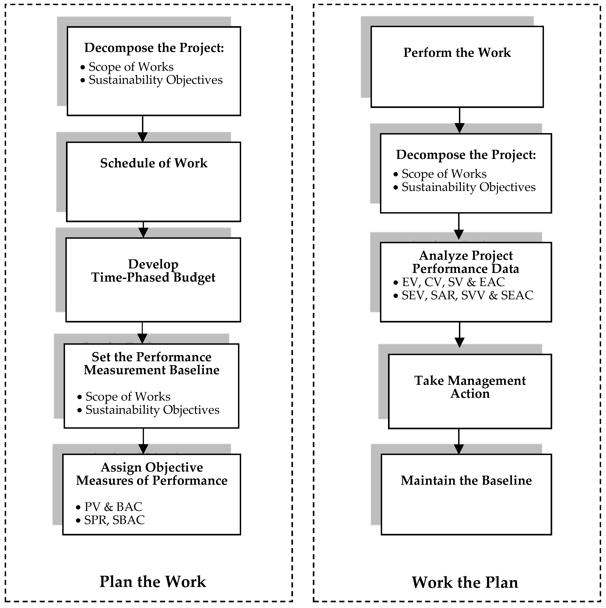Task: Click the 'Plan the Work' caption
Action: point(153,582)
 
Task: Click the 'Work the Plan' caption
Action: point(465,582)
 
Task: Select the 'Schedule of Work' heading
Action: point(154,163)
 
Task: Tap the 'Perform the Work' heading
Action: point(457,53)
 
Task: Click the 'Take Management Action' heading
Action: point(470,387)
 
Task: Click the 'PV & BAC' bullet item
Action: point(113,507)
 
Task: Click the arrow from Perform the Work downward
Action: point(460,121)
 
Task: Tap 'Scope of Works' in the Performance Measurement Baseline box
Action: point(128,397)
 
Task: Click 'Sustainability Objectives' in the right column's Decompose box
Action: point(468,187)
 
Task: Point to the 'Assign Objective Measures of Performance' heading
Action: point(152,474)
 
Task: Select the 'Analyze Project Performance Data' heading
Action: point(466,262)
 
